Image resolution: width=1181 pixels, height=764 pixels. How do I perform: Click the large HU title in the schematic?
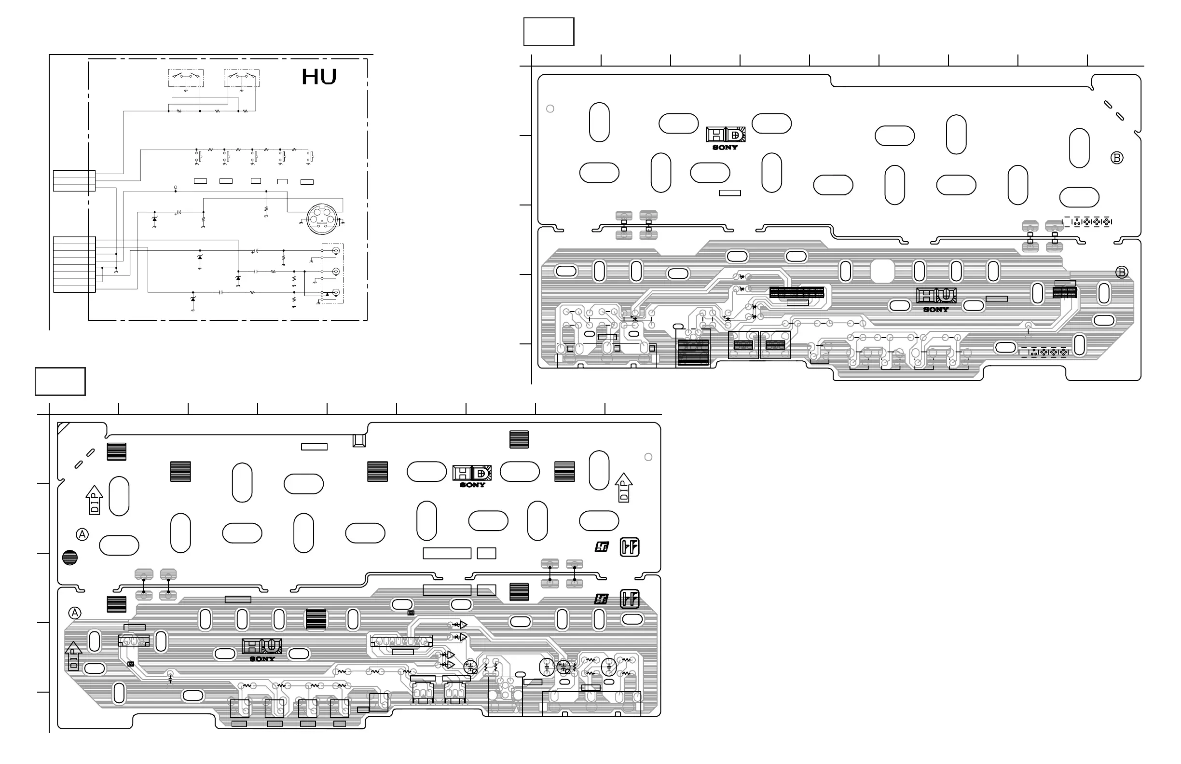[319, 77]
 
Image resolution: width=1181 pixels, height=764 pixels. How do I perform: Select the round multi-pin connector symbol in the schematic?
[322, 218]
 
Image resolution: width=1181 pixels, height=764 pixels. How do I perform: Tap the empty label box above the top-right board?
[549, 32]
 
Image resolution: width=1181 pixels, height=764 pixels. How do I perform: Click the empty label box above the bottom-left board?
[60, 382]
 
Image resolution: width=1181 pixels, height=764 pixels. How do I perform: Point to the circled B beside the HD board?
[1116, 158]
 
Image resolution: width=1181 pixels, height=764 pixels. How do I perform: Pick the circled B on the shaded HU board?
[1122, 273]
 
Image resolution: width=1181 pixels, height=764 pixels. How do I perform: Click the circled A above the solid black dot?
[82, 534]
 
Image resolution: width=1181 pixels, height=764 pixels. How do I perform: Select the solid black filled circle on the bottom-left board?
[70, 558]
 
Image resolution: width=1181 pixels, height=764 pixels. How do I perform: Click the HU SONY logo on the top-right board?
[936, 300]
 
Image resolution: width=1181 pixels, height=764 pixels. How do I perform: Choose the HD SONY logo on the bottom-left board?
[472, 476]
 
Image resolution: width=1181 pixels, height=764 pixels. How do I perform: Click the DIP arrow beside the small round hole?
[624, 488]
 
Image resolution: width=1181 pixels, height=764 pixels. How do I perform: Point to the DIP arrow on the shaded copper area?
[73, 656]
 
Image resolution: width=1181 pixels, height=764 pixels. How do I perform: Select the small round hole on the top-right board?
[550, 109]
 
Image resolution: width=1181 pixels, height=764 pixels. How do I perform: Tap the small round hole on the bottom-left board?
[648, 457]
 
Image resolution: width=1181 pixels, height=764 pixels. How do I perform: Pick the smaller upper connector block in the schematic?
[74, 180]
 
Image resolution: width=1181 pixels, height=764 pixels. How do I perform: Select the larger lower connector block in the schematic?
[74, 264]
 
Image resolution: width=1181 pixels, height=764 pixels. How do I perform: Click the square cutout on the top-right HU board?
[882, 271]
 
